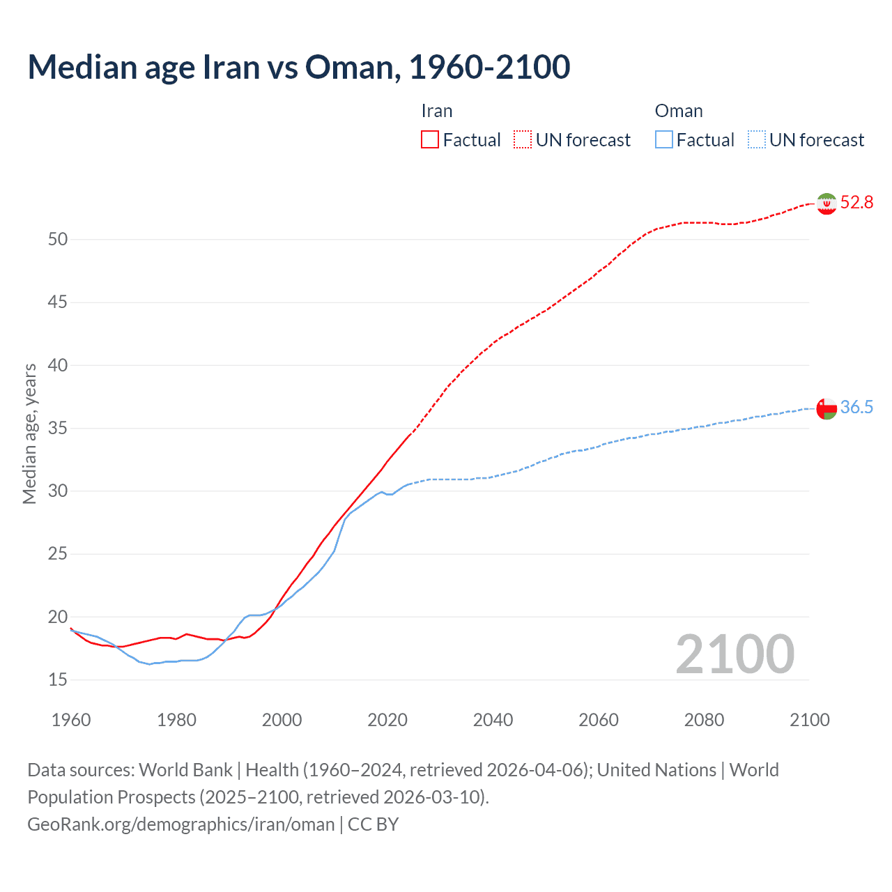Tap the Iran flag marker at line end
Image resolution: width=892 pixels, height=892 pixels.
826,203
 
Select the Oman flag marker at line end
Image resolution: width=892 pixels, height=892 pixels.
826,408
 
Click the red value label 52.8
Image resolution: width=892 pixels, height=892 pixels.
856,203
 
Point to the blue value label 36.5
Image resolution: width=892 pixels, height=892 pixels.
856,408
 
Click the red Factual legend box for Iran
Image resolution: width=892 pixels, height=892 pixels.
430,140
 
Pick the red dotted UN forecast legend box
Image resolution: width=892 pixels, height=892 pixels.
523,140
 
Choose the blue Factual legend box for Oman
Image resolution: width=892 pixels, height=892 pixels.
663,140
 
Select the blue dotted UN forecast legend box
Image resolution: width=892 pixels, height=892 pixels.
756,140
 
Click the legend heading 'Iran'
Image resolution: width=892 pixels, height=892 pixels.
437,111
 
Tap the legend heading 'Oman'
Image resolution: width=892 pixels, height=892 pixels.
679,111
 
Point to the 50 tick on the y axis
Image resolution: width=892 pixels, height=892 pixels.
58,240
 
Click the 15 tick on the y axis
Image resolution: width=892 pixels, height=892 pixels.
58,680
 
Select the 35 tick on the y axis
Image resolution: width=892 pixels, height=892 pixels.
58,429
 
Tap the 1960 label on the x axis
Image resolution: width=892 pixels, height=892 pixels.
71,720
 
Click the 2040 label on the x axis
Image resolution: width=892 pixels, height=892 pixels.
493,720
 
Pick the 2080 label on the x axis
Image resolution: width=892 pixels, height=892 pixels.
704,720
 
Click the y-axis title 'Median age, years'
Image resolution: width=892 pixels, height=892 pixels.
29,433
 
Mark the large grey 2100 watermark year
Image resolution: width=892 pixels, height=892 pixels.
735,654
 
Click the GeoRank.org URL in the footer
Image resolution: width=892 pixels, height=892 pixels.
181,824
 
